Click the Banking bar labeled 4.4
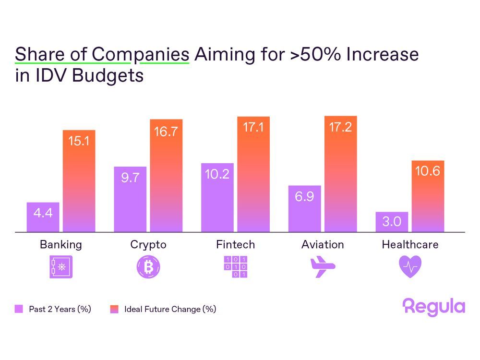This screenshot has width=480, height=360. tap(43, 217)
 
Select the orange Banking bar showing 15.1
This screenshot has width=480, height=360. tap(79, 181)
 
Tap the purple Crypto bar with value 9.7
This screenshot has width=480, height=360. tap(130, 199)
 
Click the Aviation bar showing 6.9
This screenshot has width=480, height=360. tap(304, 208)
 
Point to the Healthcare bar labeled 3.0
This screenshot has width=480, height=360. tap(392, 222)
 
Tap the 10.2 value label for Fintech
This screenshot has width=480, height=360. tap(217, 174)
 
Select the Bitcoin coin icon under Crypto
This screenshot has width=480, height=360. tap(148, 267)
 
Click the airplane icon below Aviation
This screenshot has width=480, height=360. tap(323, 267)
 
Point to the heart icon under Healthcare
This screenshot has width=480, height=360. tap(410, 267)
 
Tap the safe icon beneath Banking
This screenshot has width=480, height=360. tap(61, 267)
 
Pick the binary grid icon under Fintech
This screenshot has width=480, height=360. tap(235, 267)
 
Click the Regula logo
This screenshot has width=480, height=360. tap(434, 307)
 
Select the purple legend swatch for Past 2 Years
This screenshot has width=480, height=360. tap(19, 309)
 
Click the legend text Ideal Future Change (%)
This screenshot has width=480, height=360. tap(170, 309)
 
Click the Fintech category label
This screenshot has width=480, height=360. tap(235, 244)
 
